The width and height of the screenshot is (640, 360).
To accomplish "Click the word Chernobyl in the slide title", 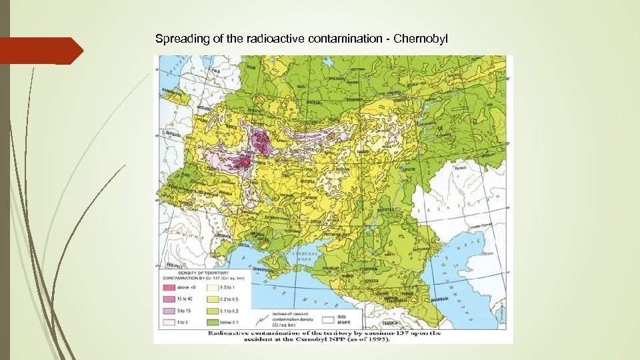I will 422,39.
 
